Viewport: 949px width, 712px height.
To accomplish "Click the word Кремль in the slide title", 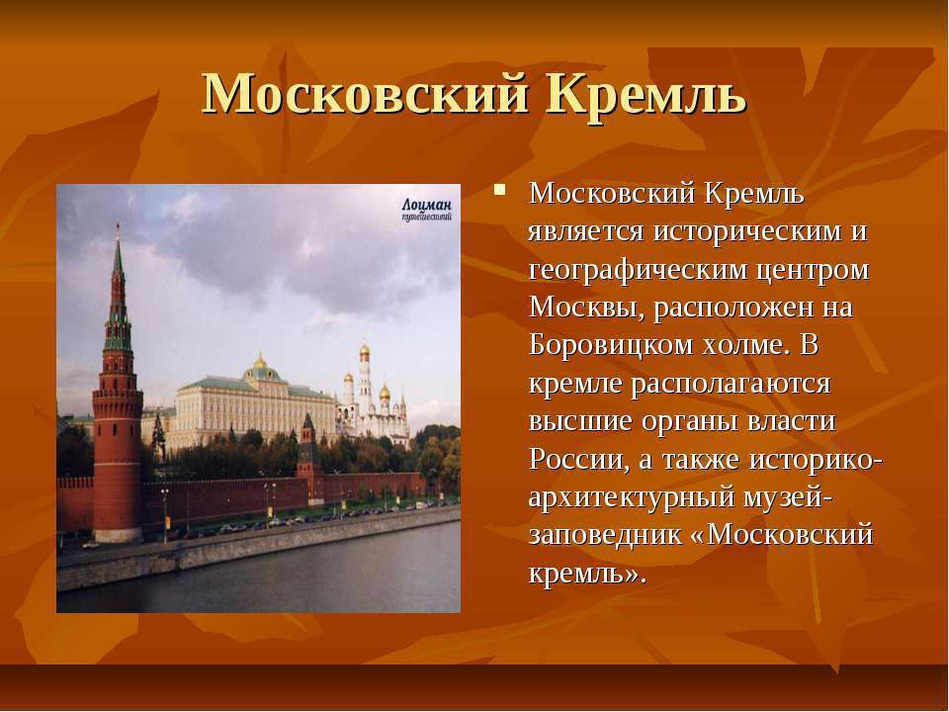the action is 647,95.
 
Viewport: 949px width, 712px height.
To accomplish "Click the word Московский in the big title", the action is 366,95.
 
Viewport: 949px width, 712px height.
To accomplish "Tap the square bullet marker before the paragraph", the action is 499,190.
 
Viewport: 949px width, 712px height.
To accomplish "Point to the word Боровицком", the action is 610,345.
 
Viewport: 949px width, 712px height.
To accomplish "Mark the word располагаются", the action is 731,384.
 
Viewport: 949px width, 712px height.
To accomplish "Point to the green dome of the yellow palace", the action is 261,373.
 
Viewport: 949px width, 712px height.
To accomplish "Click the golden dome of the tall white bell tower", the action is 365,351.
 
